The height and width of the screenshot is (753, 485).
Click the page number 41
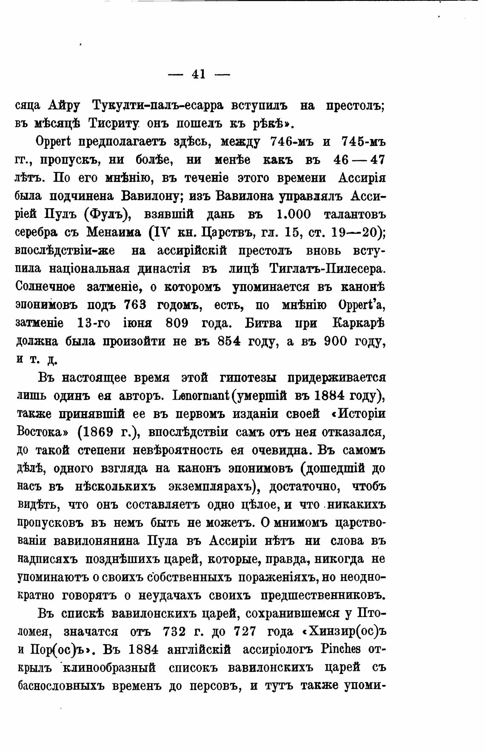[199, 74]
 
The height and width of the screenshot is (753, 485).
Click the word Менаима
[114, 233]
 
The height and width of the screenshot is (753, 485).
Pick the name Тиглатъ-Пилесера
[327, 269]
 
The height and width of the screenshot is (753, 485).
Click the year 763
[135, 306]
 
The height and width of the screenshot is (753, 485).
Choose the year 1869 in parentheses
[95, 432]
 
